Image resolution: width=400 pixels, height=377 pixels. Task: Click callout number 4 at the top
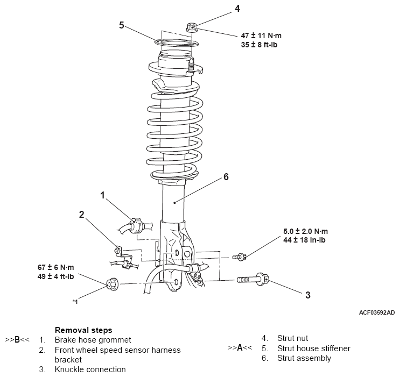[x=237, y=9]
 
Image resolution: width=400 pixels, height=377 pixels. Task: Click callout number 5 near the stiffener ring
[x=122, y=25]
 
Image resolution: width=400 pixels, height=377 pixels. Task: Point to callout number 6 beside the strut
[x=226, y=176]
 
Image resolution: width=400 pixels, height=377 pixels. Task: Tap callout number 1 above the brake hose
[x=102, y=195]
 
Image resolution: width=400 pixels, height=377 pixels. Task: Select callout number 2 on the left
[x=81, y=215]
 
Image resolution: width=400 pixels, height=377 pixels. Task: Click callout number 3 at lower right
[x=308, y=295]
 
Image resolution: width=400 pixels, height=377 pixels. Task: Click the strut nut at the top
[x=192, y=27]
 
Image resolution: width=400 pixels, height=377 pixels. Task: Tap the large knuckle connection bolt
[x=252, y=279]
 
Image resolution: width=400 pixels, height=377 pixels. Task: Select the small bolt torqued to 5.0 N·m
[x=239, y=257]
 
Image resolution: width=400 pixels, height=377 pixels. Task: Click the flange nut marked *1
[x=112, y=283]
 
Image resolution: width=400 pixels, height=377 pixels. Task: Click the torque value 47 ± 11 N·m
[x=261, y=35]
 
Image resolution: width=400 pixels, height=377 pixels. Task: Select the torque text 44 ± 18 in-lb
[x=304, y=240]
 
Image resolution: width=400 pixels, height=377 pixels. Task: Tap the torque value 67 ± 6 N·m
[x=56, y=267]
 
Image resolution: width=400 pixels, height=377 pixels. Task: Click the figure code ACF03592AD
[x=377, y=312]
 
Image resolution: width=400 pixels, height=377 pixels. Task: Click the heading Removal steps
[x=83, y=330]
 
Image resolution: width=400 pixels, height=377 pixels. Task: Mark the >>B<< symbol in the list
[x=17, y=340]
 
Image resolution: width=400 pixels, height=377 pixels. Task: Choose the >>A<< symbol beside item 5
[x=240, y=347]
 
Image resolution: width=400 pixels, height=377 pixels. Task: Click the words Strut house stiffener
[x=314, y=348]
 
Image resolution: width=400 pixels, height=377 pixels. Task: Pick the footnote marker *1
[x=75, y=302]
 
